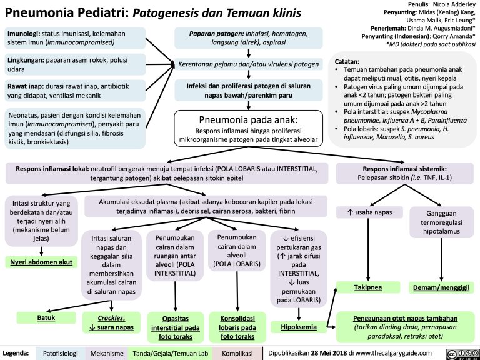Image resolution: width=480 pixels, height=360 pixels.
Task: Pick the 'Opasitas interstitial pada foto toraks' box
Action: tap(172, 327)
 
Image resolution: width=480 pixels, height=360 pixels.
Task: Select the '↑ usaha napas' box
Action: tap(369, 212)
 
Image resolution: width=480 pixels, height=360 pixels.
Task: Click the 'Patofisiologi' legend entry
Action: tap(61, 354)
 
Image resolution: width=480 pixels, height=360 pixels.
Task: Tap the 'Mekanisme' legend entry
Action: tap(107, 354)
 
